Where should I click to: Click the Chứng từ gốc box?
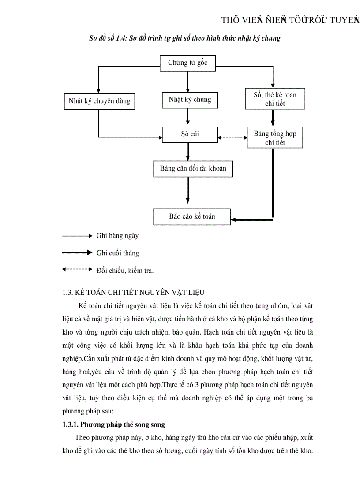click(188, 63)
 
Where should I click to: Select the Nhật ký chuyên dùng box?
click(99, 101)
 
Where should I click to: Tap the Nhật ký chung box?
click(190, 100)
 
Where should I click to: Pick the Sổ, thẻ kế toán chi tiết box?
click(275, 99)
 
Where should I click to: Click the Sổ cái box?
click(190, 134)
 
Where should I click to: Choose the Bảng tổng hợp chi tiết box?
click(275, 138)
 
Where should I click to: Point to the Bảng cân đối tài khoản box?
click(193, 169)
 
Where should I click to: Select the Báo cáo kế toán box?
click(192, 216)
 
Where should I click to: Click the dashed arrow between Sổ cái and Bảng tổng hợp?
click(232, 138)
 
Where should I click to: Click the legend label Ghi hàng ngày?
click(117, 236)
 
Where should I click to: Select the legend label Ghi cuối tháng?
click(117, 253)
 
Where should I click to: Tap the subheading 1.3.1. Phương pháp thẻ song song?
click(113, 424)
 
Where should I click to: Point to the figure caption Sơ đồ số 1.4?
click(185, 38)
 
